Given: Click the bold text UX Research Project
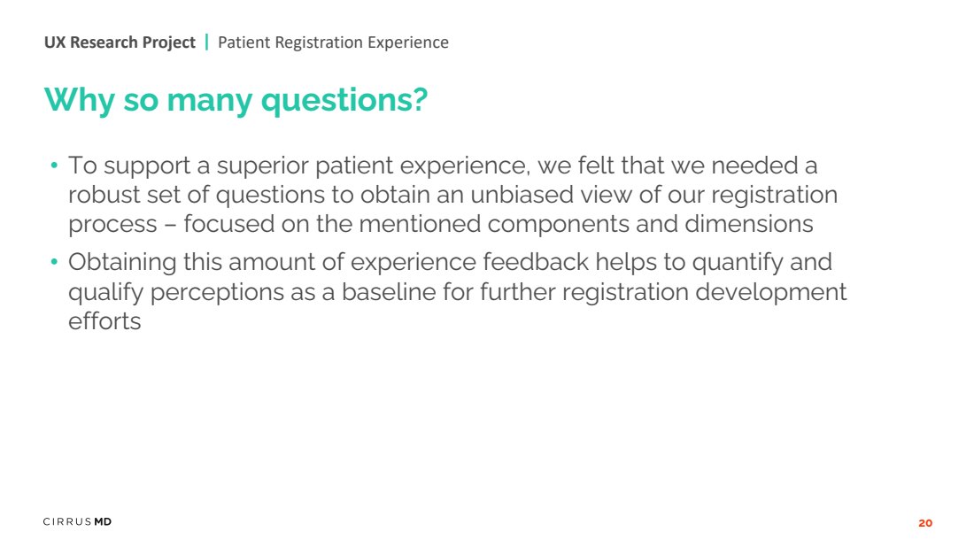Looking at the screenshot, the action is [120, 42].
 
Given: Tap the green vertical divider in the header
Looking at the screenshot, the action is [207, 42].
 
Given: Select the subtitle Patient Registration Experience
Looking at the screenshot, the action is [333, 42].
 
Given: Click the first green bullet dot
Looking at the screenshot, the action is [54, 166].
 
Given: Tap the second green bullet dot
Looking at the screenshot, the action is [54, 262].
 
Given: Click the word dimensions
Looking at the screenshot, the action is [748, 224].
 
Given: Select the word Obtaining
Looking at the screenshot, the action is [122, 263].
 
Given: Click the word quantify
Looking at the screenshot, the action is [738, 263].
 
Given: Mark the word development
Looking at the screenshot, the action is [771, 292].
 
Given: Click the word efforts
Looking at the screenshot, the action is [104, 321].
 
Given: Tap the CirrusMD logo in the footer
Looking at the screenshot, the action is [77, 521].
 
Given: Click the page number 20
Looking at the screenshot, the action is [925, 523].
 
